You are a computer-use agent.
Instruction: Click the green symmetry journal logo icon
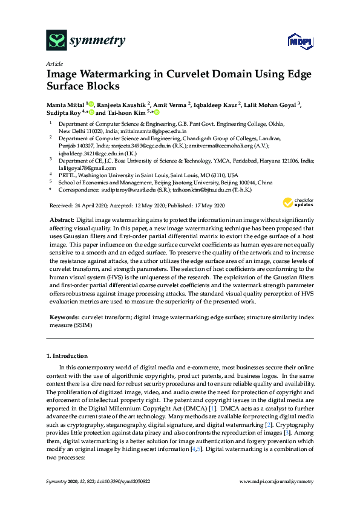(56, 41)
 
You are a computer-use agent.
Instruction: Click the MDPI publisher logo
(296, 41)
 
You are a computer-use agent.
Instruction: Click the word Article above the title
(54, 63)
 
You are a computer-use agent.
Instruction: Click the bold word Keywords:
(65, 317)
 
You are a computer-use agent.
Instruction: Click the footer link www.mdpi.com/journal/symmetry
(277, 481)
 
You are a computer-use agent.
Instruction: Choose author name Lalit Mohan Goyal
(269, 104)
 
